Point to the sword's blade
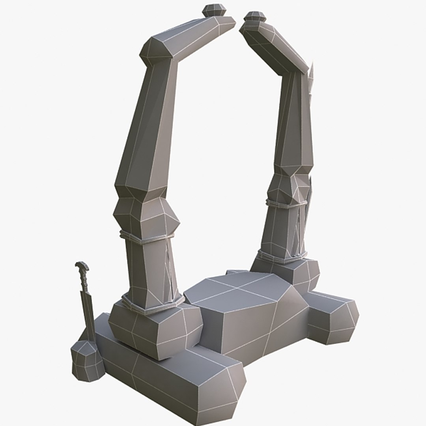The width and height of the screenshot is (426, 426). coord(88,312)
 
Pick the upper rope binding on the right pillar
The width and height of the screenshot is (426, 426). coord(286,203)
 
